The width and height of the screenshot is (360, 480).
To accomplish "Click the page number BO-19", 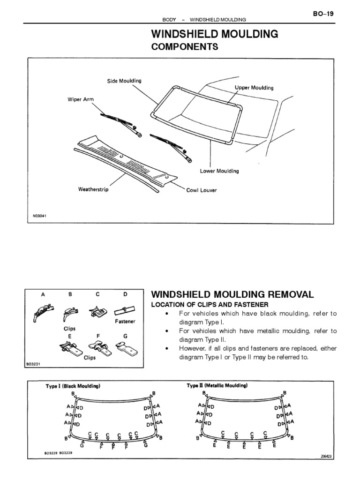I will pos(323,14).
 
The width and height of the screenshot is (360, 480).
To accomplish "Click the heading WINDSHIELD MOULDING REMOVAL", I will pos(232,294).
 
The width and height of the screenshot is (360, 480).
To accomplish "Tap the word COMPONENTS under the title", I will pos(184,47).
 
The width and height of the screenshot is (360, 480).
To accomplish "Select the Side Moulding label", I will pos(124,81).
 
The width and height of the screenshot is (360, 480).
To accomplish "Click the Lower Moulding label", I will pos(219,171).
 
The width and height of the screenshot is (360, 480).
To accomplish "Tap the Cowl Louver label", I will pos(202,190).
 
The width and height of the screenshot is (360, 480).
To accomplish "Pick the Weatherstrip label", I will pos(93,190).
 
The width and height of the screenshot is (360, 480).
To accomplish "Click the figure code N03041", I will pos(40,216).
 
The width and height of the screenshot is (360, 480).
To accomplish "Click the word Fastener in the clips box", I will pos(125,322).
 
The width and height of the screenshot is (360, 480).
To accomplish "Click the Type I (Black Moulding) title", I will pos(73,386).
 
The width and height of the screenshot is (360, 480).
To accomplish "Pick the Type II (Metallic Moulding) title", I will pos(217,385).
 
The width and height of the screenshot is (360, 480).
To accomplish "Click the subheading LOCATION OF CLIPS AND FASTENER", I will pos(209,305).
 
